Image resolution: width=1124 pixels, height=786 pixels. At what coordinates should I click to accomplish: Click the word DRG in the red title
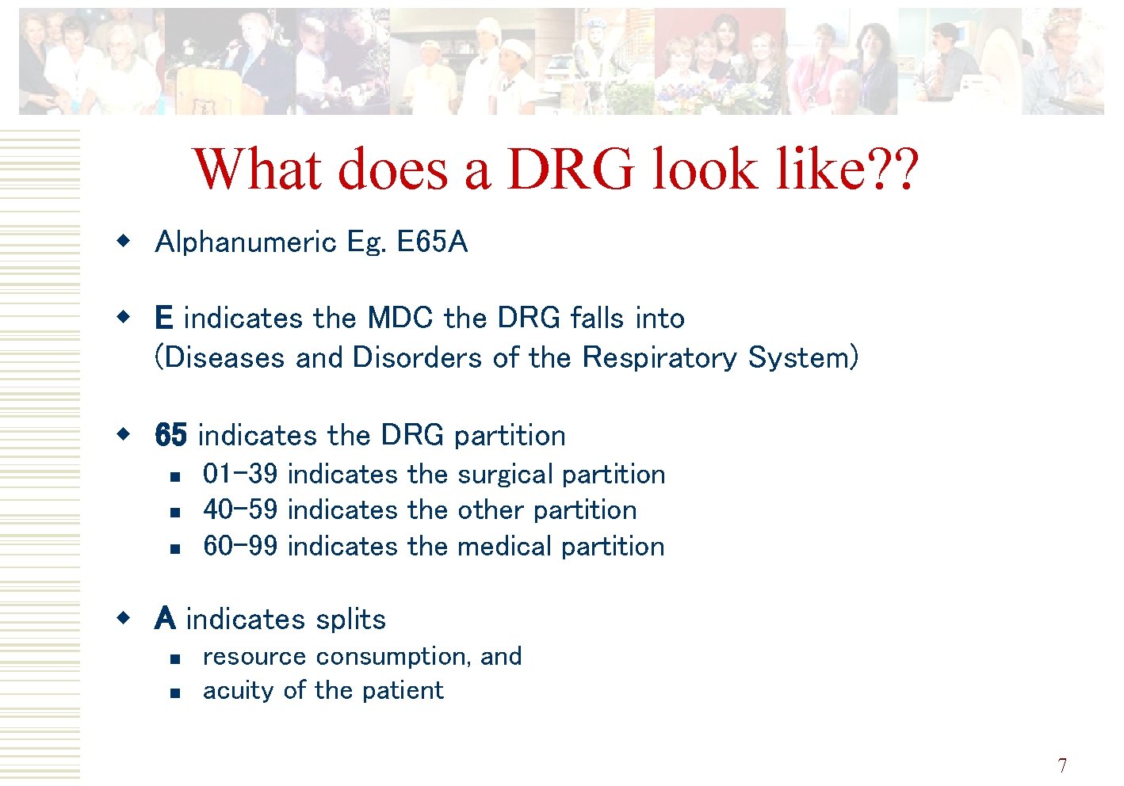pyautogui.click(x=570, y=169)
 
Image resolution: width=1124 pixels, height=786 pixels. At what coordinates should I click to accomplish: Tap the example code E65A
pyautogui.click(x=432, y=242)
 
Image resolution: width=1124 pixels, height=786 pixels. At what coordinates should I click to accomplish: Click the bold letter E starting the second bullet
pyautogui.click(x=163, y=319)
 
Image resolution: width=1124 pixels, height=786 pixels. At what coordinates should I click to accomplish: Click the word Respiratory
pyautogui.click(x=659, y=357)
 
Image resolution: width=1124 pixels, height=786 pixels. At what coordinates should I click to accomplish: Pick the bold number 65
pyautogui.click(x=171, y=435)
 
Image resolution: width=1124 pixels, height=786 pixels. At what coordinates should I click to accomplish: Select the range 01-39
pyautogui.click(x=240, y=474)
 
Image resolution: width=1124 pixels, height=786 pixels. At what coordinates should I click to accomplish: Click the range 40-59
pyautogui.click(x=240, y=510)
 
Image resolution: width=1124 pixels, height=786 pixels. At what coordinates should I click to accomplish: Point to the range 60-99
pyautogui.click(x=240, y=547)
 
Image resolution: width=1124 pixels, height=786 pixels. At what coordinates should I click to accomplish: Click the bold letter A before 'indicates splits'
pyautogui.click(x=165, y=619)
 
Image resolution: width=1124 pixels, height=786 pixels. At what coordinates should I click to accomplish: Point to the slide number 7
pyautogui.click(x=1062, y=765)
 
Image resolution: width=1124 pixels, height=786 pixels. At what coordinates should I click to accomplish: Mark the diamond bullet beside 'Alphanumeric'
pyautogui.click(x=122, y=240)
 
